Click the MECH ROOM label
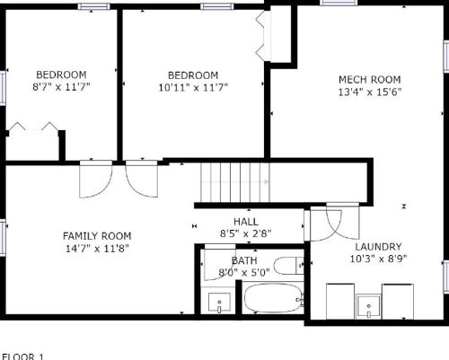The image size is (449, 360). pos(370,80)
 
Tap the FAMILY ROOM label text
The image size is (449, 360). pos(97,236)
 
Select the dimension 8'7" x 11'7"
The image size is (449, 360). pos(61,87)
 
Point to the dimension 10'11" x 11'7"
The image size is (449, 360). pos(193,88)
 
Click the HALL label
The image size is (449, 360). pos(246,222)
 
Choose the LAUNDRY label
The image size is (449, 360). pos(378,247)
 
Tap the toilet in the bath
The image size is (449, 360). pos(289,266)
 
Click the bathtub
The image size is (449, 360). pos(274,299)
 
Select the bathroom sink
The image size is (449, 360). pos(219,303)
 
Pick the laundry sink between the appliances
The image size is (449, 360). pos(369,306)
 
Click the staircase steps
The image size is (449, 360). pos(235,182)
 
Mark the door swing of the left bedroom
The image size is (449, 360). pos(96,180)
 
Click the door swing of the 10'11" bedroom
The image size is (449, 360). pos(142,179)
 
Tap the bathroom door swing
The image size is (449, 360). pos(220,262)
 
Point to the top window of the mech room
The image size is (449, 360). pos(339,3)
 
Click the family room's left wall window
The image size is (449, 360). pos(3,237)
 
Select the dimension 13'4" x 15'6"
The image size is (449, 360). pos(370,92)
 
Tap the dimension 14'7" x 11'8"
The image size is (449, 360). pos(97,249)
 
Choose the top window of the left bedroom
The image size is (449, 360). pos(93,6)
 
